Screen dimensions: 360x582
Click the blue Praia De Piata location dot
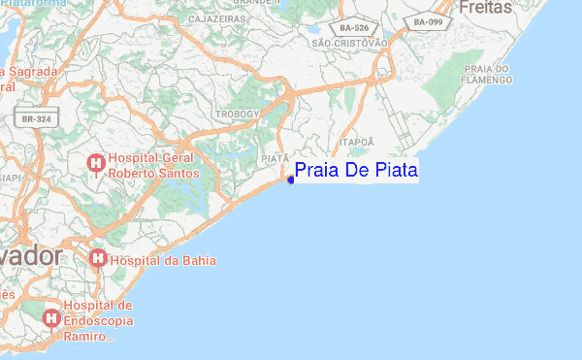[x=291, y=179]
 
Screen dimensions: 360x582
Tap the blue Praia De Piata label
[x=355, y=171]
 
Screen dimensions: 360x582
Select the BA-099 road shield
[x=429, y=20]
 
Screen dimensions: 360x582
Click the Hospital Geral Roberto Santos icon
[x=97, y=164]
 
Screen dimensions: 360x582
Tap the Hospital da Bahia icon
[x=97, y=259]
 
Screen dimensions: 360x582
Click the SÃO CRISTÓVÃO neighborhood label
[x=349, y=43]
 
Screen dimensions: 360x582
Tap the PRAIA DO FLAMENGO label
[x=488, y=74]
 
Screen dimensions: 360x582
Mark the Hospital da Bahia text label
[x=164, y=260]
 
